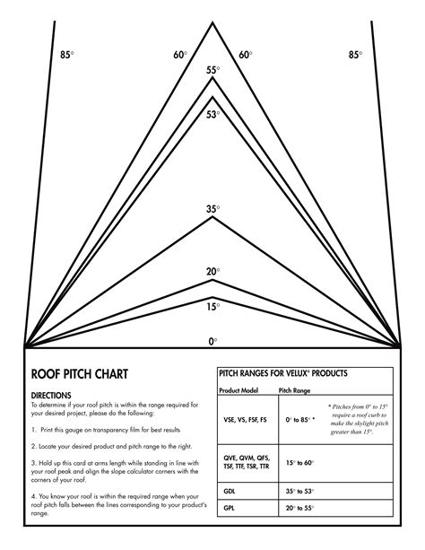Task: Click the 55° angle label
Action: click(x=212, y=70)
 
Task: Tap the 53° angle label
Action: click(x=212, y=114)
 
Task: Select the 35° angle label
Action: click(x=212, y=209)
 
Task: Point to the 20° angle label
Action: click(x=212, y=271)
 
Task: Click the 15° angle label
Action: click(x=212, y=306)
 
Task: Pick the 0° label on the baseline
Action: click(x=212, y=341)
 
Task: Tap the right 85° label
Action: click(x=356, y=55)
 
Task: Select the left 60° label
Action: click(x=180, y=55)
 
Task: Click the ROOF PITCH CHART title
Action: click(x=79, y=373)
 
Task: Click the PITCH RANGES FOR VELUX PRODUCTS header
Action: click(x=283, y=372)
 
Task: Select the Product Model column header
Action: click(x=239, y=391)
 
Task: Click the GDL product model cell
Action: click(x=231, y=492)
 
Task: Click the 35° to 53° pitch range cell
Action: click(x=300, y=492)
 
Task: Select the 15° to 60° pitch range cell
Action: click(x=300, y=462)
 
